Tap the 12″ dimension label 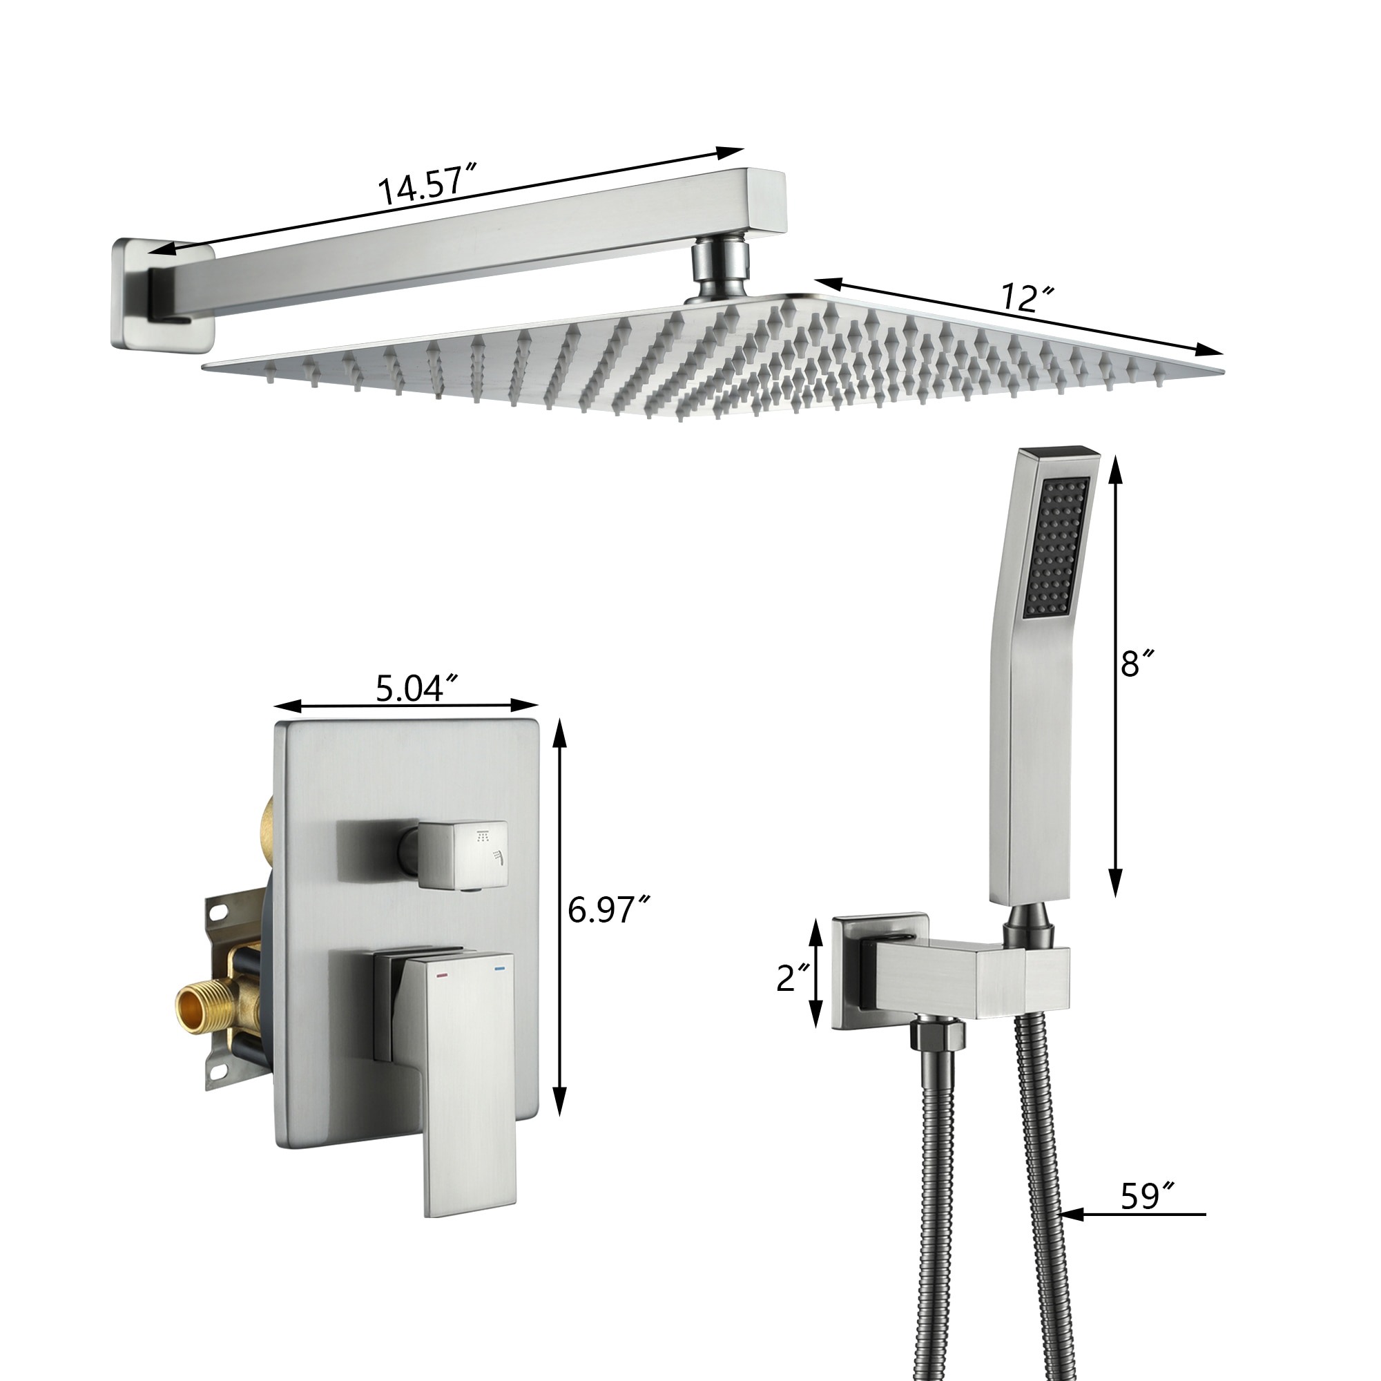[x=1028, y=298]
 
